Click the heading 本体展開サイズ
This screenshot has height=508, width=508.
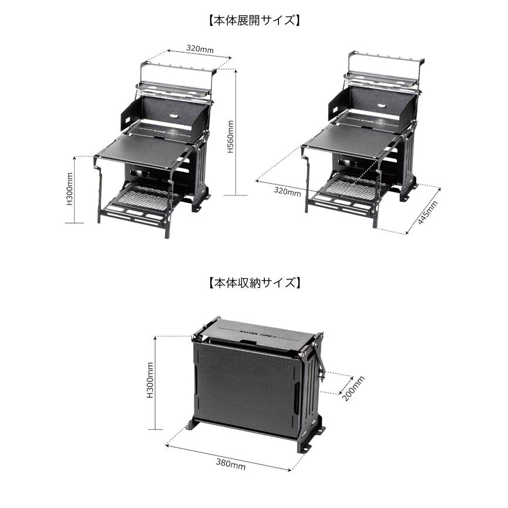pyautogui.click(x=254, y=21)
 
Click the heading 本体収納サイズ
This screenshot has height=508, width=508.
pyautogui.click(x=254, y=283)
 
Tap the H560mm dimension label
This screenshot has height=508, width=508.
pyautogui.click(x=230, y=136)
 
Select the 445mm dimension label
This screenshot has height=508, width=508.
pyautogui.click(x=428, y=212)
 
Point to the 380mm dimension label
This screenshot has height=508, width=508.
pyautogui.click(x=231, y=465)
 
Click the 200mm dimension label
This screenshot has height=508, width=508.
pyautogui.click(x=354, y=388)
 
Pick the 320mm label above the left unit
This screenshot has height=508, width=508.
pyautogui.click(x=200, y=49)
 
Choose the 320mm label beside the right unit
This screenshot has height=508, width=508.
pyautogui.click(x=287, y=191)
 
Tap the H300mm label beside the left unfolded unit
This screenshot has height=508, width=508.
pyautogui.click(x=70, y=189)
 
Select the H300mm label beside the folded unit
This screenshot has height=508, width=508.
pyautogui.click(x=150, y=380)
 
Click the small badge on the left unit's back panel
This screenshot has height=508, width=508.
pyautogui.click(x=174, y=115)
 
